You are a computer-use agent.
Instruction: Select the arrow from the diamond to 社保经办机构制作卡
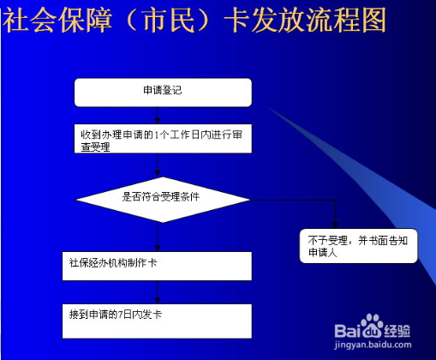click(159, 237)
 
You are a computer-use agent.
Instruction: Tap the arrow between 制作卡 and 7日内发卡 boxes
click(159, 291)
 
